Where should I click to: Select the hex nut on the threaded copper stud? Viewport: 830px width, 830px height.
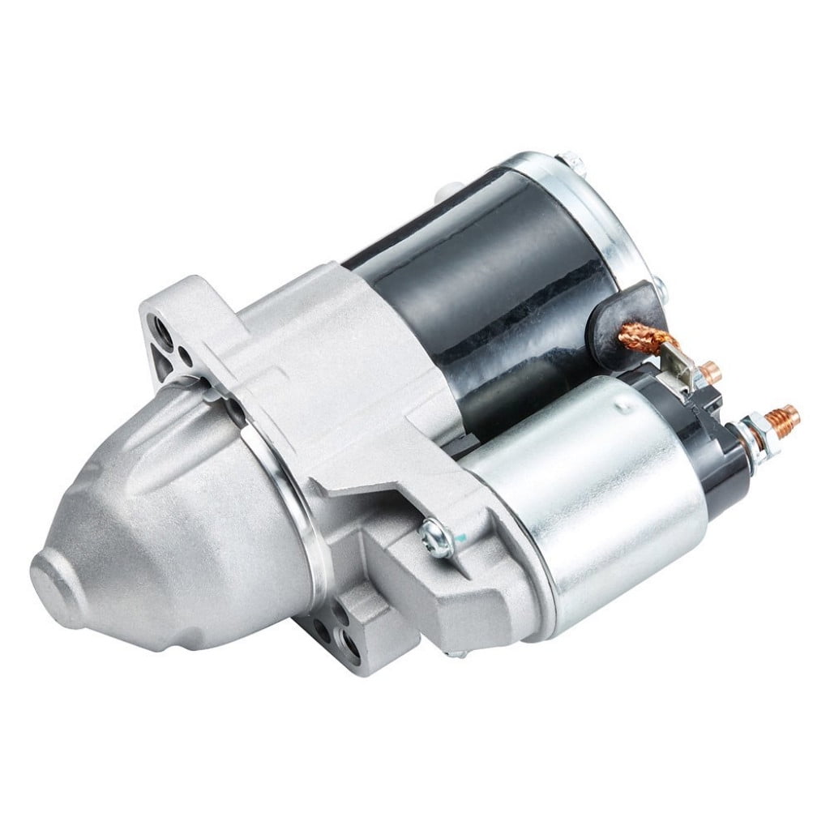tap(752, 423)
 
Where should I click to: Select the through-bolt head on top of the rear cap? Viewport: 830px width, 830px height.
tap(567, 159)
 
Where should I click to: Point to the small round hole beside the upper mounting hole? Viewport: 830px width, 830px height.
tap(187, 354)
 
